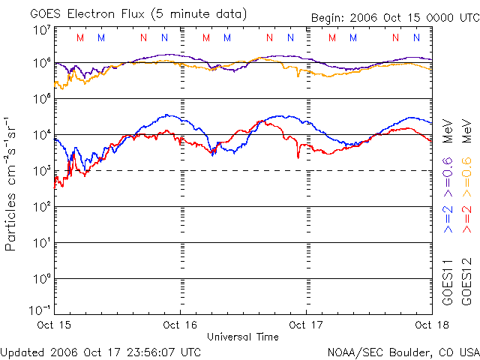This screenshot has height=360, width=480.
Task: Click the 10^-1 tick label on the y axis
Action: (x=40, y=309)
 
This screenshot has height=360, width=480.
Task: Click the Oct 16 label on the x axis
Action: (x=181, y=325)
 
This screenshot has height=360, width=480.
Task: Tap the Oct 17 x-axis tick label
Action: (x=306, y=325)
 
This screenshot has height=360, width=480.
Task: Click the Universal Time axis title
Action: (x=242, y=337)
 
